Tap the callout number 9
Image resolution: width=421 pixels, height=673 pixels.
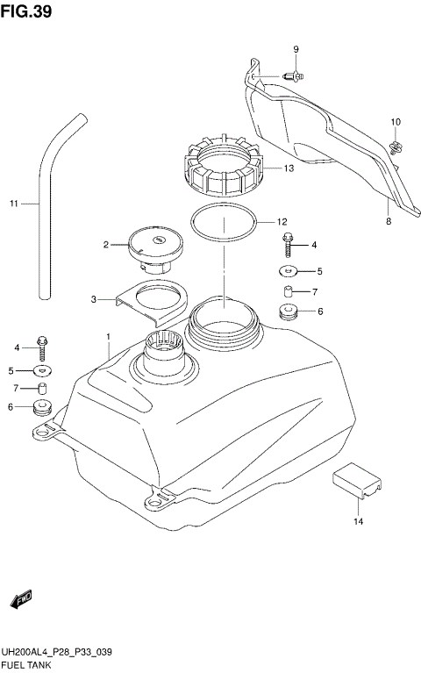tap(296, 48)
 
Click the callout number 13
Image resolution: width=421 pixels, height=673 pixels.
tap(288, 169)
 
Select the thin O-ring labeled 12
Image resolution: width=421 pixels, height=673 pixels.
tap(225, 224)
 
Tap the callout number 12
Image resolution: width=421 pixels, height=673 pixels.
tap(282, 222)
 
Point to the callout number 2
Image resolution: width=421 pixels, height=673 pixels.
tap(105, 245)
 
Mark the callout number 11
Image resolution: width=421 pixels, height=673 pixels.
tap(14, 204)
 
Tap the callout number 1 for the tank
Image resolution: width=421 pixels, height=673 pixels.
tap(108, 337)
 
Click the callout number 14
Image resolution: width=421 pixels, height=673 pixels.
tap(357, 522)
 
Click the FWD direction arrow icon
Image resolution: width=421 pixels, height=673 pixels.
tap(20, 600)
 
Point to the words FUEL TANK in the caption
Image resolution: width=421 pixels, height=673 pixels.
tap(26, 665)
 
